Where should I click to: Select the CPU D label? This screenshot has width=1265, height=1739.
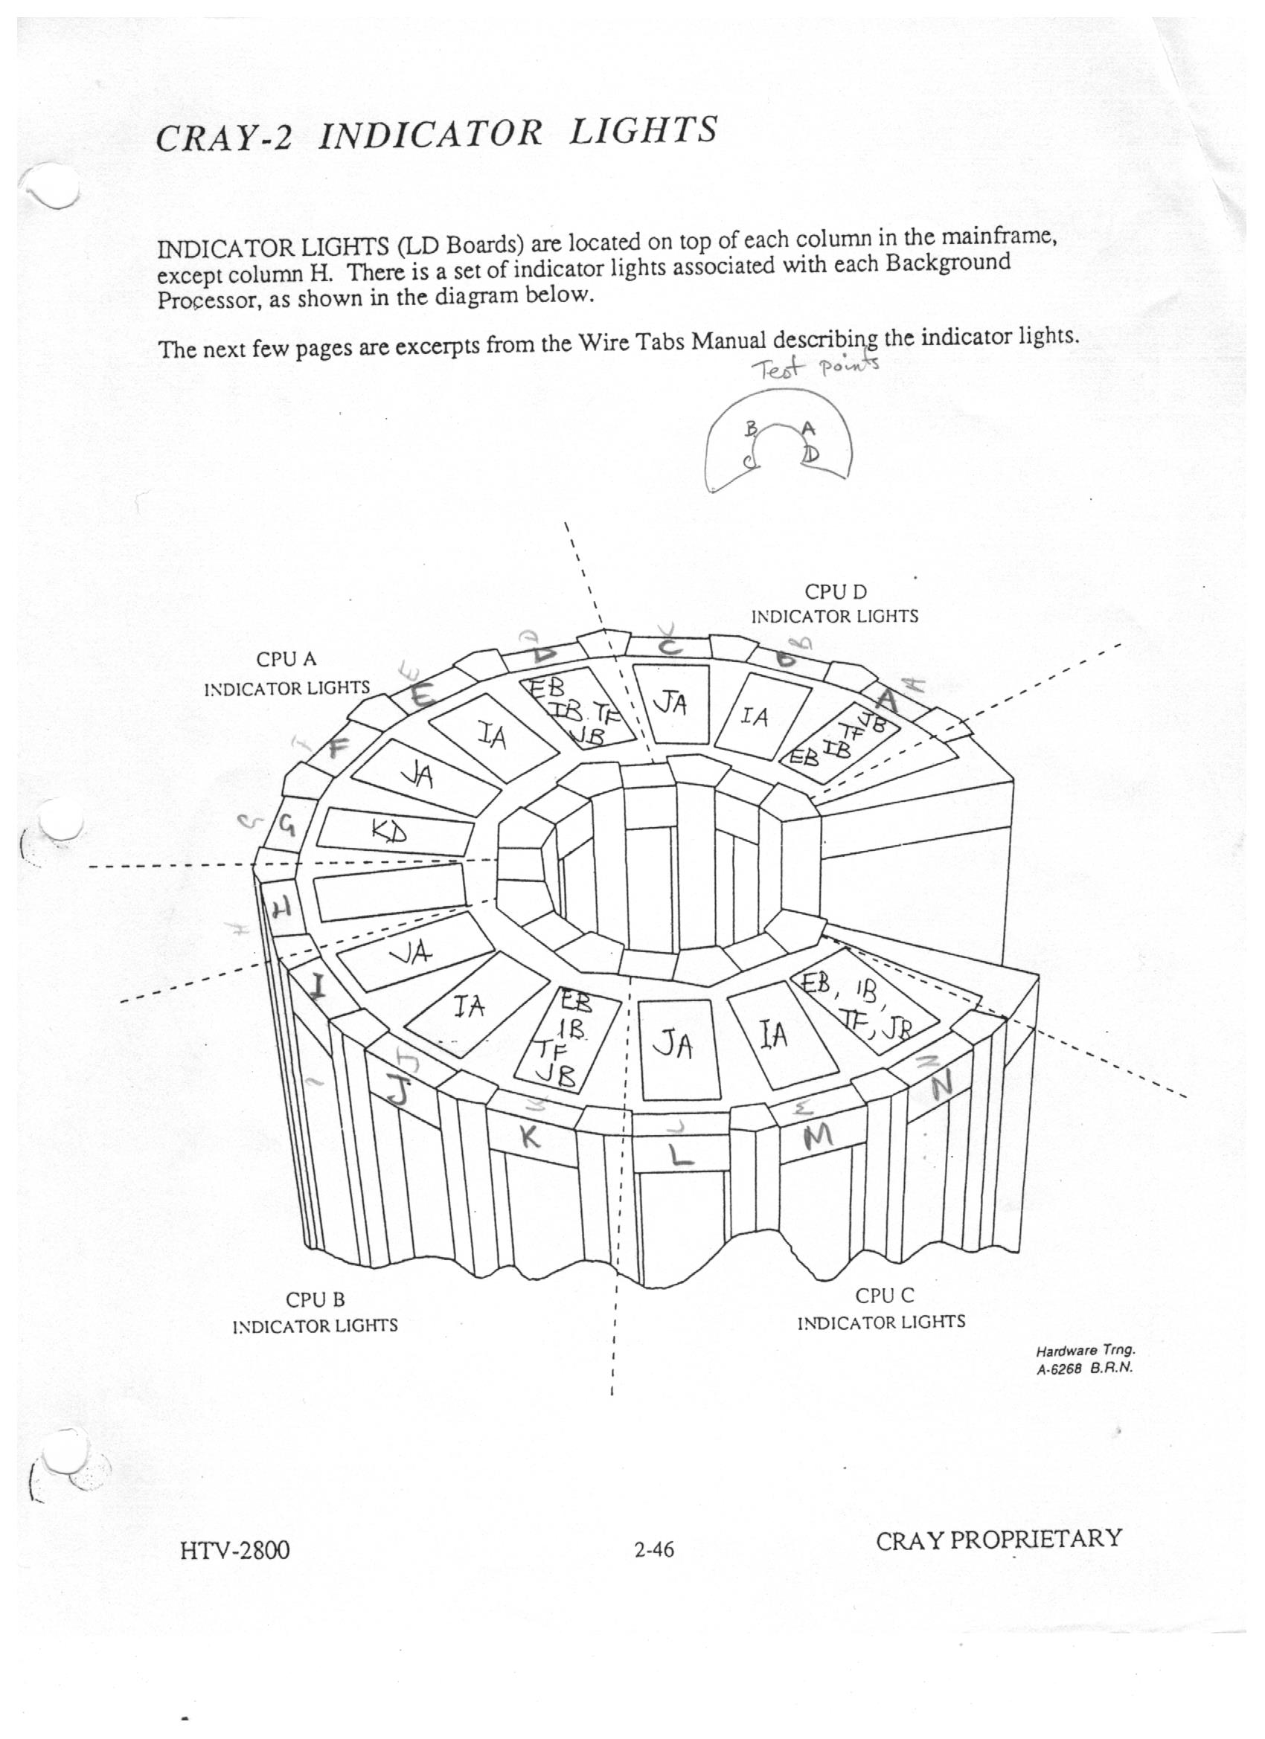(x=836, y=592)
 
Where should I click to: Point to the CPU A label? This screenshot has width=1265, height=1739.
(x=286, y=660)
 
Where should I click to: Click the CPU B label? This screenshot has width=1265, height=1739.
(x=316, y=1300)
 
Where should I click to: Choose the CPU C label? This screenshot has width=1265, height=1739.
(x=885, y=1296)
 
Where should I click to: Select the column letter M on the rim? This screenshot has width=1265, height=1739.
(x=817, y=1137)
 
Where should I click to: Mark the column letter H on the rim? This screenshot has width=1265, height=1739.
(x=281, y=910)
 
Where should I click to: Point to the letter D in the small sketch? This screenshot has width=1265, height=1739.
(x=811, y=454)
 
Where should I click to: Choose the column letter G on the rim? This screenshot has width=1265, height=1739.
(x=286, y=826)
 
